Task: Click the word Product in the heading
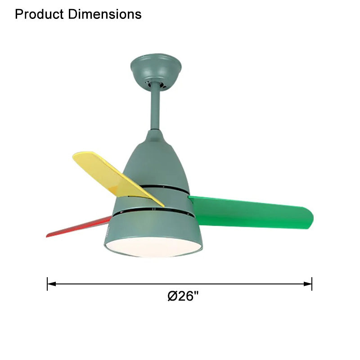40,14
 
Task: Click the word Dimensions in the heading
105,14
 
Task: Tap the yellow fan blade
115,178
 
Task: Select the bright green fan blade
252,213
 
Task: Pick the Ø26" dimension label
183,296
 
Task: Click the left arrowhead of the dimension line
51,283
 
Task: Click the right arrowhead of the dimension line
308,283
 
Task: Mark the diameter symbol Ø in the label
172,296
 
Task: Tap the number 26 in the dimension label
185,296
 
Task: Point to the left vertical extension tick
47,283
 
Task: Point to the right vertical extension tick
312,283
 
